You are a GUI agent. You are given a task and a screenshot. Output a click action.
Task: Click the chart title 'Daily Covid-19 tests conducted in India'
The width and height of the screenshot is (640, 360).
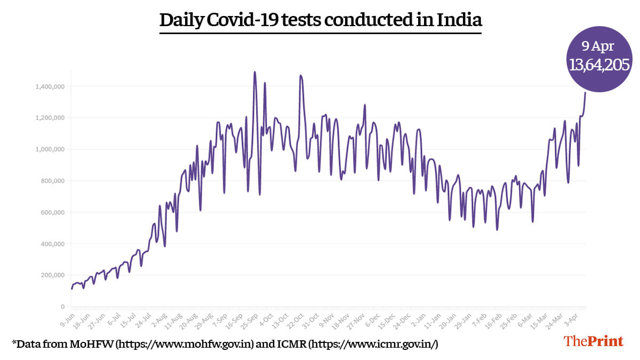click(x=321, y=21)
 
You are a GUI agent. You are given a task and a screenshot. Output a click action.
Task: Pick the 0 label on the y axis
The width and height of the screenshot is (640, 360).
click(x=62, y=307)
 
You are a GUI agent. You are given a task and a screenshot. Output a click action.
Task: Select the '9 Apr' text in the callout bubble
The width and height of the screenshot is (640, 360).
click(x=600, y=46)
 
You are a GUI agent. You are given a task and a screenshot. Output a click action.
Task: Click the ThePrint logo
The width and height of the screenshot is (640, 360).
click(x=593, y=341)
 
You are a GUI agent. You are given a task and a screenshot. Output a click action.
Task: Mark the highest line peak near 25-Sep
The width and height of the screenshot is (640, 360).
click(x=255, y=72)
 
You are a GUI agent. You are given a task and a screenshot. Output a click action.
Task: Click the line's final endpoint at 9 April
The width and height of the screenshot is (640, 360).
click(x=585, y=93)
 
